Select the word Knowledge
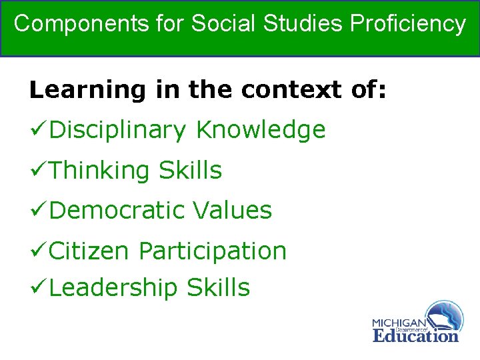pos(261,130)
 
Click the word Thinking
pos(99,171)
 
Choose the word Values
pos(233,211)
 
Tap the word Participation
pos(213,251)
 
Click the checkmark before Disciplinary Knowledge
pos(38,130)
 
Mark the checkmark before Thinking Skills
pos(38,171)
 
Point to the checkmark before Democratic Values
pos(38,211)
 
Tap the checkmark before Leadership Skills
pos(38,288)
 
